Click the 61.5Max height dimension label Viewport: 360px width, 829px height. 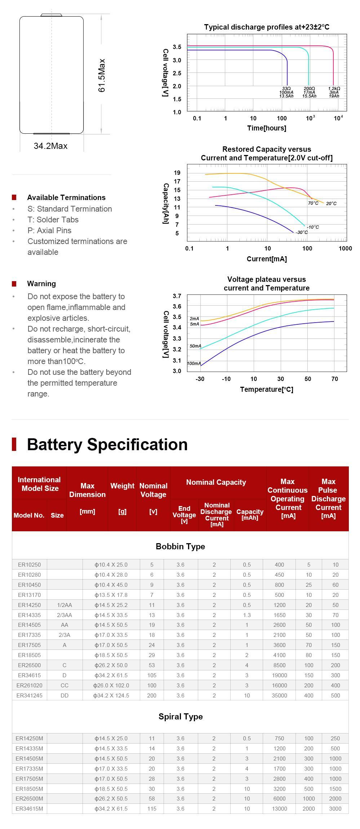[102, 75]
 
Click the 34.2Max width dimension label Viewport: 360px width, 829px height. [50, 146]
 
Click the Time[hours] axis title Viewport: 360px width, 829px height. [266, 128]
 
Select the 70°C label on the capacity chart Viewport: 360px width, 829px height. [313, 203]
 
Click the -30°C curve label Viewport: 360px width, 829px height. [302, 232]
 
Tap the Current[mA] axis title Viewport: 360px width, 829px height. [267, 259]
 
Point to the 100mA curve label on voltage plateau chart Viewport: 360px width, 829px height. [194, 363]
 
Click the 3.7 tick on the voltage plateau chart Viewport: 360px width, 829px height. [177, 296]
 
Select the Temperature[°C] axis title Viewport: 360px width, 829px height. [266, 389]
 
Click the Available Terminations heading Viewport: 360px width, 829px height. [66, 198]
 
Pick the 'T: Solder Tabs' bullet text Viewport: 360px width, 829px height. [53, 220]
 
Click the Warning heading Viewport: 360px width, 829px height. [41, 284]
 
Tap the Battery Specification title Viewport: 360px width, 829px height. [107, 444]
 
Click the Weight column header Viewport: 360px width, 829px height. [122, 486]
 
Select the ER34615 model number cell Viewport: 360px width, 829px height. [30, 675]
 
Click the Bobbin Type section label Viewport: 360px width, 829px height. [180, 546]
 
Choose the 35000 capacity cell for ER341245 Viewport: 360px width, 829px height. [279, 695]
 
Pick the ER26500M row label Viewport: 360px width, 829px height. [29, 798]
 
